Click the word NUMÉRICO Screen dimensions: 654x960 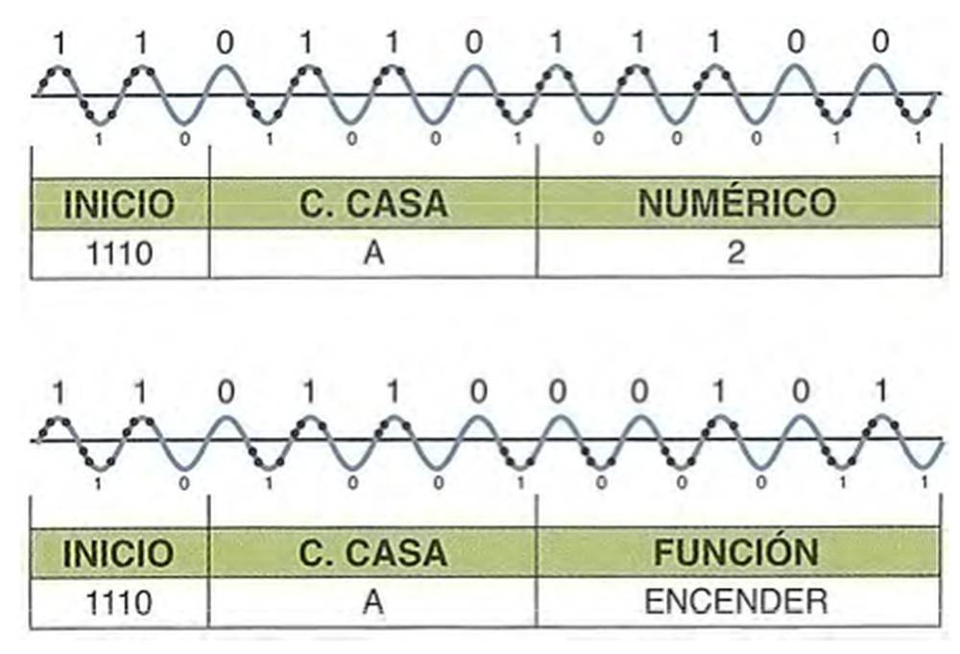[x=737, y=203]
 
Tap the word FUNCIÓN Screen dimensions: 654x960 [x=737, y=551]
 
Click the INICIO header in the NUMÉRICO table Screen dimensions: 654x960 [x=119, y=203]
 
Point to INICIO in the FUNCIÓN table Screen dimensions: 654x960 [x=119, y=551]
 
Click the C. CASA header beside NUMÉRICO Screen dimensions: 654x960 [x=372, y=203]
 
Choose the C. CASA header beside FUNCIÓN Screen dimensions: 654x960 [x=372, y=551]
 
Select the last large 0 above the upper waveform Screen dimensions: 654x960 [x=881, y=43]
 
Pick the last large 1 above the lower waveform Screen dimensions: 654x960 [x=881, y=391]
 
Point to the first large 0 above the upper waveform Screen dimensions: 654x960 [x=223, y=43]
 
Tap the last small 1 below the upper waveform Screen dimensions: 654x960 [x=919, y=138]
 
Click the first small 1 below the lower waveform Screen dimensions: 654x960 [x=99, y=483]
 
